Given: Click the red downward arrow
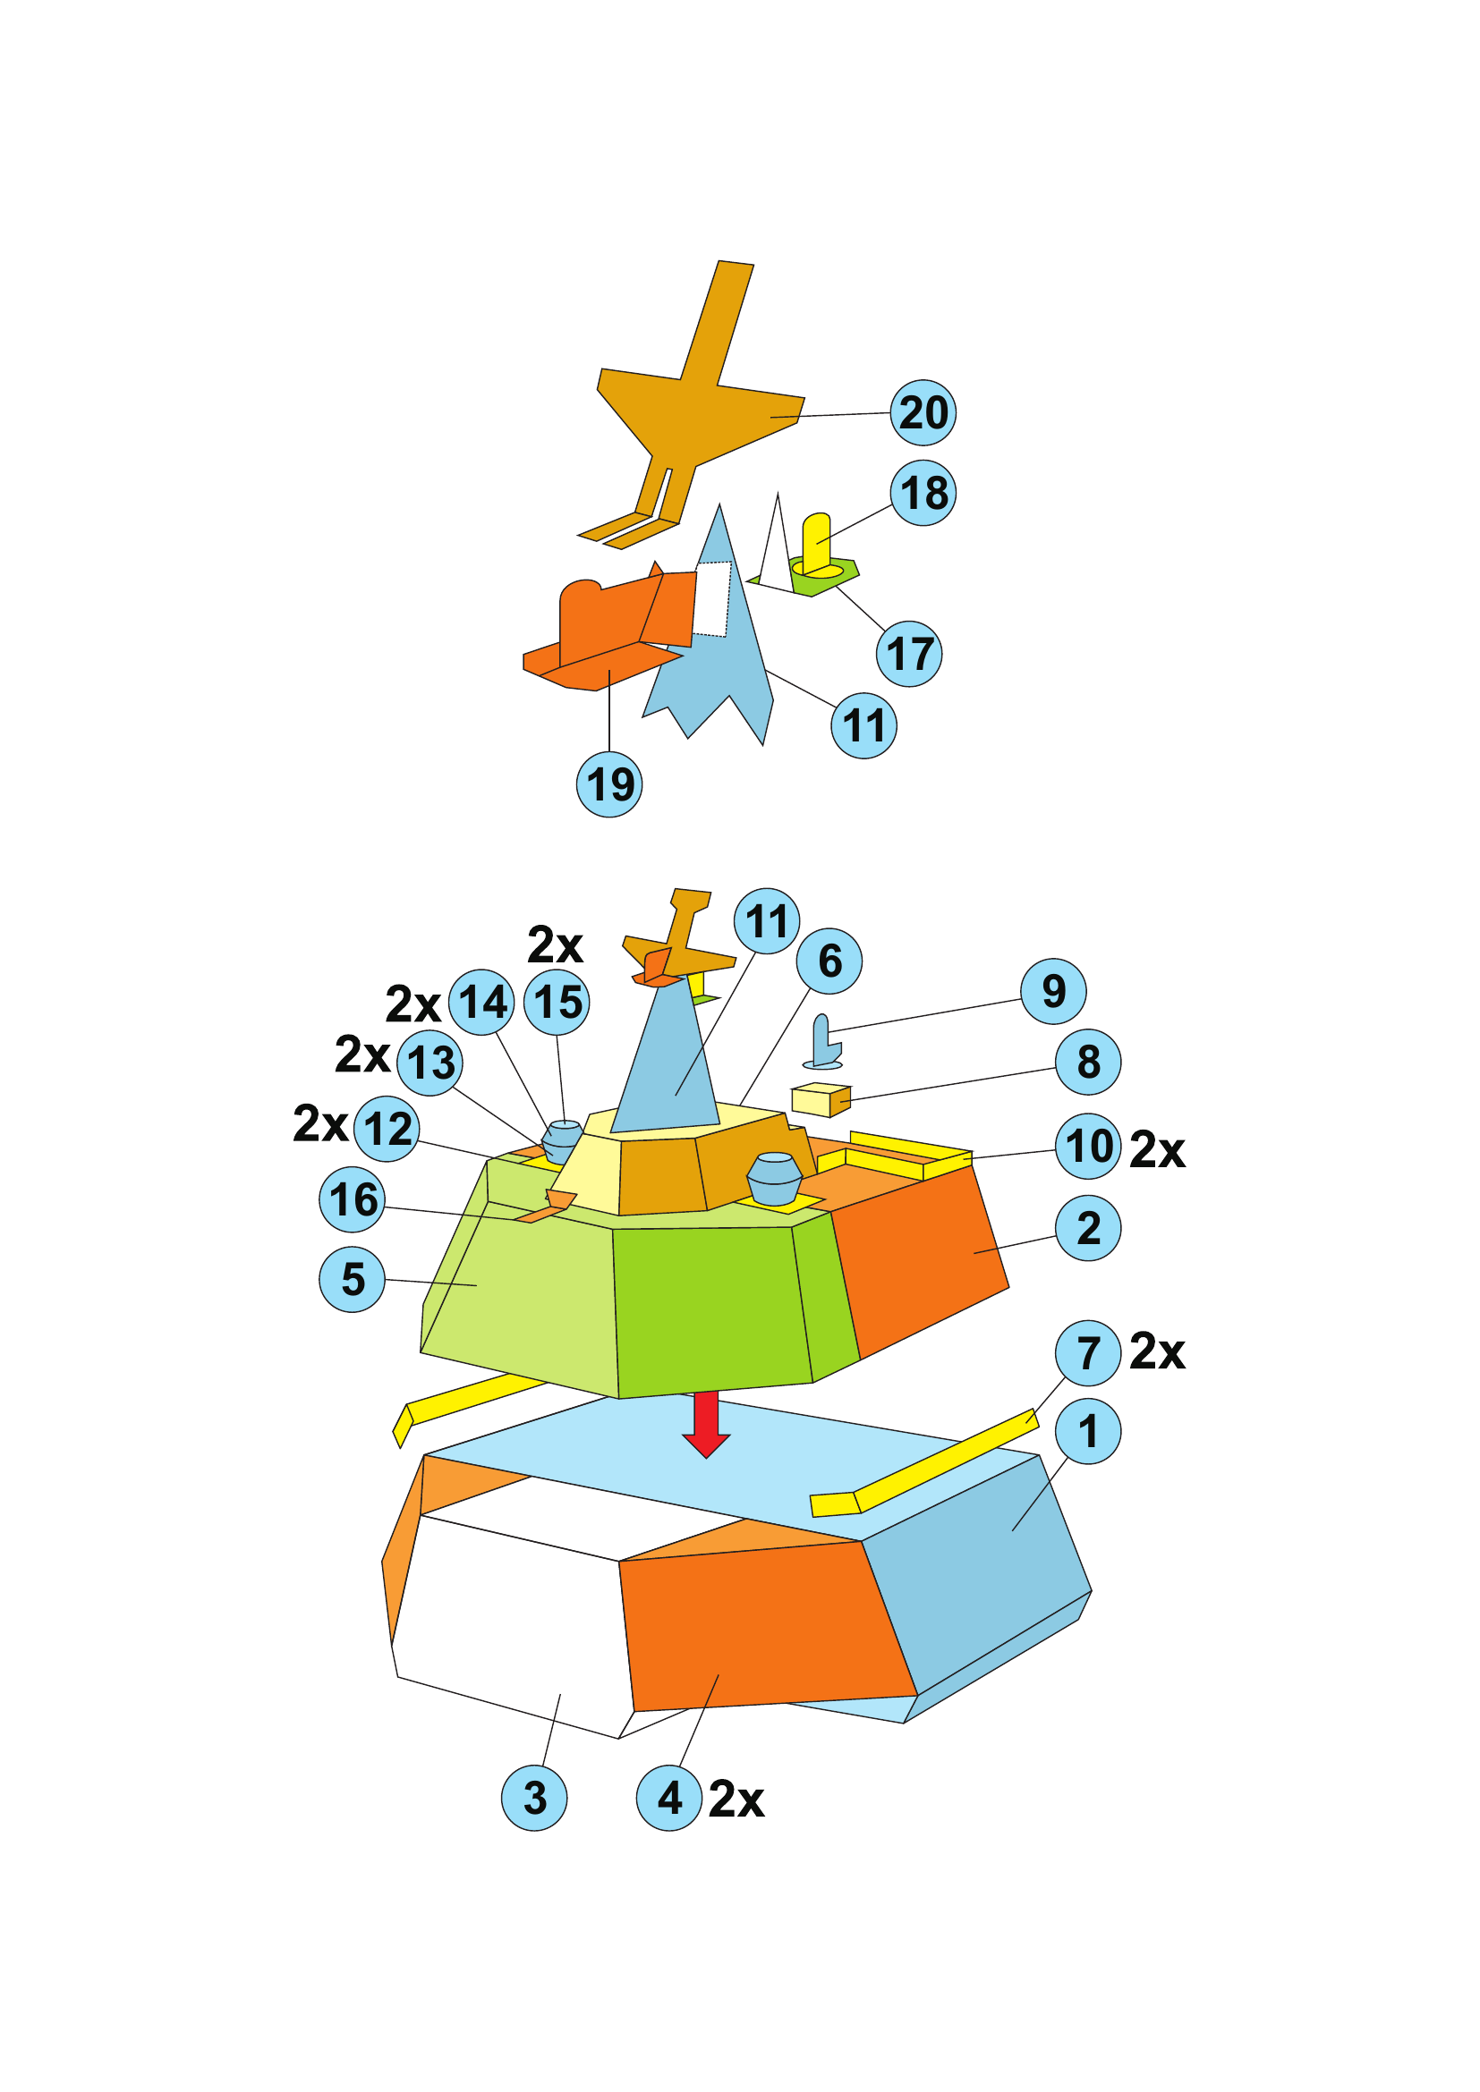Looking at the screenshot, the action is click(705, 1424).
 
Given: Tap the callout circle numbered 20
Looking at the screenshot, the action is click(923, 412).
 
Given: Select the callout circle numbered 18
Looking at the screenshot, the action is click(923, 493).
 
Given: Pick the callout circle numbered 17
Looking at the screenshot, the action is click(908, 653).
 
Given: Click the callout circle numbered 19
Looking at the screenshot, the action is click(609, 783).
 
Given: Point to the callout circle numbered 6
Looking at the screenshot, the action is click(829, 961).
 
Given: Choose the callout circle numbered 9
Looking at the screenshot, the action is click(1053, 991).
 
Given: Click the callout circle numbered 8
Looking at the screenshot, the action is click(1088, 1062).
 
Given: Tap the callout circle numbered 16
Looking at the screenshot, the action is click(353, 1199).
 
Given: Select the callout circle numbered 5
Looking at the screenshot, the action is click(353, 1279).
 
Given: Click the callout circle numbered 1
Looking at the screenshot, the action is click(1088, 1431).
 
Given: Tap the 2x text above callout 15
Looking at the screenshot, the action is click(555, 944).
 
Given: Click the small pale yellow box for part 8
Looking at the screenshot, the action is click(821, 1100).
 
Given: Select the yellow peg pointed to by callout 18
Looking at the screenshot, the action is click(818, 545).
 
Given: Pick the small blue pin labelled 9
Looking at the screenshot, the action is click(822, 1040).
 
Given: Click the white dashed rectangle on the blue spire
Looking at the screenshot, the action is click(713, 598).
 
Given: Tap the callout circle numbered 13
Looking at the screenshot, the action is click(430, 1063).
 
